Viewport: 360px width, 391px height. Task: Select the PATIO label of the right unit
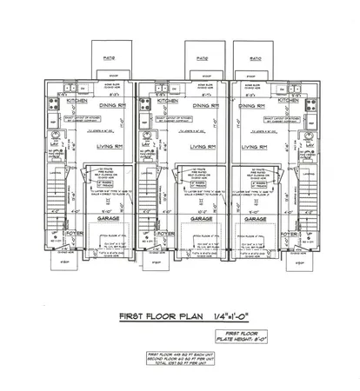pos(257,59)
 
